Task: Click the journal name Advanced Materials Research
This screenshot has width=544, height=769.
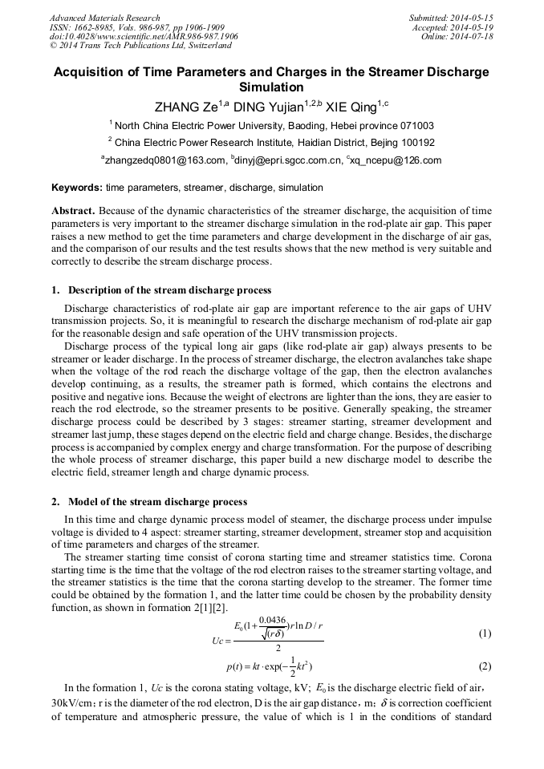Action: [x=104, y=18]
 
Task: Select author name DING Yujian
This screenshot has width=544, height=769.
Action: [x=269, y=107]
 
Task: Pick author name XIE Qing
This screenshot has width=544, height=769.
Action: [x=350, y=107]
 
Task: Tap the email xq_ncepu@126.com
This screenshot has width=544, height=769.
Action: [x=396, y=160]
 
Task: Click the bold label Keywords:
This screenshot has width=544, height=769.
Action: [x=77, y=188]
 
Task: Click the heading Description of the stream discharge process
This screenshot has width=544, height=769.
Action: [x=169, y=290]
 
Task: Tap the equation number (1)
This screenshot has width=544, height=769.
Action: [x=485, y=633]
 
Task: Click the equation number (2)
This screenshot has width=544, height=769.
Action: [x=485, y=666]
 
